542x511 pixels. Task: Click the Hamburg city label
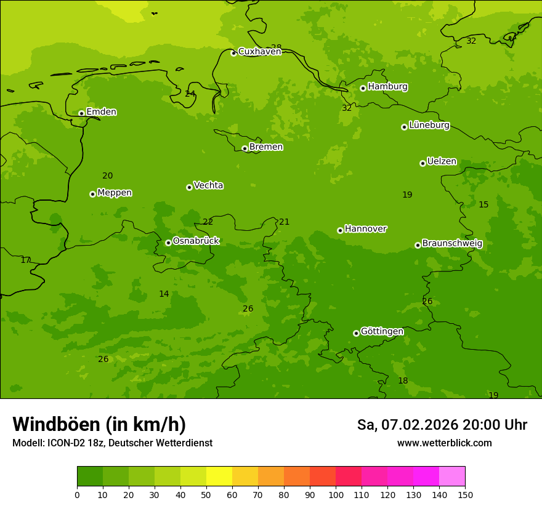(387, 87)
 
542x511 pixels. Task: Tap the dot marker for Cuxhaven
(233, 53)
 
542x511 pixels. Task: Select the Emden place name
(101, 112)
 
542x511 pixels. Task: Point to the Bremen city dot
(245, 148)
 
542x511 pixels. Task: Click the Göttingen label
(382, 332)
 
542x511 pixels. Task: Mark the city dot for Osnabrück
(168, 243)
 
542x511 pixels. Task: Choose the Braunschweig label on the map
(452, 244)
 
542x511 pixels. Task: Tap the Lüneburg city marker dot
(404, 127)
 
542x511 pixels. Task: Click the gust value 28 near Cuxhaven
(277, 47)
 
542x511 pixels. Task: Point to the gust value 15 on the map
(483, 204)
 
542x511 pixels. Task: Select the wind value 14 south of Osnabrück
(164, 294)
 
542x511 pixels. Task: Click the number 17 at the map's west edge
(25, 260)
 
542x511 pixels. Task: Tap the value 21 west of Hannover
(284, 222)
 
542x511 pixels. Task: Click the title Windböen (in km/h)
(99, 424)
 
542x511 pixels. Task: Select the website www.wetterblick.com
(444, 443)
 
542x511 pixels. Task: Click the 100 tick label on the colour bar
(336, 495)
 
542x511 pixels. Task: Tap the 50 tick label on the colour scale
(206, 495)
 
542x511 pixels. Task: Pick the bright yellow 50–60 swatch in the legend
(219, 477)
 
